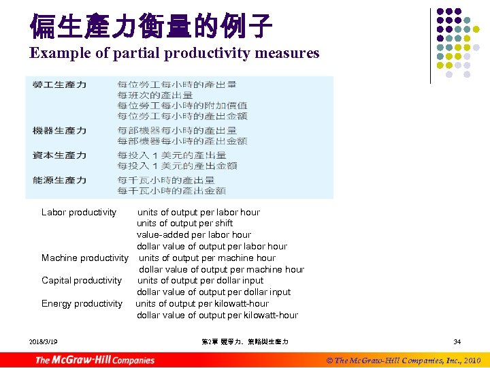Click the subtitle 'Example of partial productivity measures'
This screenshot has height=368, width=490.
click(x=174, y=53)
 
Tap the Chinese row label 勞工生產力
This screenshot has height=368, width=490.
click(x=59, y=85)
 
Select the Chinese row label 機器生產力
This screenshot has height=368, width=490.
click(x=59, y=130)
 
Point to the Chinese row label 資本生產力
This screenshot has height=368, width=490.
click(x=59, y=155)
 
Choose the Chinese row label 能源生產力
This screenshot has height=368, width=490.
click(x=59, y=180)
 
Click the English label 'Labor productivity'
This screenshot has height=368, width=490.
click(x=79, y=212)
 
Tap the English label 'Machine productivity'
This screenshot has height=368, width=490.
click(x=84, y=258)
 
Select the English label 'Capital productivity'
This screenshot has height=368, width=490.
click(x=82, y=280)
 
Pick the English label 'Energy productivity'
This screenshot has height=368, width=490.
click(x=82, y=303)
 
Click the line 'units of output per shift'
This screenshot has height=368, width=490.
click(x=184, y=223)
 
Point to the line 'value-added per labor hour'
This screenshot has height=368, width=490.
click(x=193, y=234)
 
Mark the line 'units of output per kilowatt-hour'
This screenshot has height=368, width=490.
click(x=202, y=303)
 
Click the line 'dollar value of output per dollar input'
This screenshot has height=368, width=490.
click(x=213, y=292)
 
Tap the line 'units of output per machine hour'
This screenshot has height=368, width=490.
click(x=207, y=258)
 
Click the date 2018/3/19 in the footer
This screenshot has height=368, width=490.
click(x=44, y=341)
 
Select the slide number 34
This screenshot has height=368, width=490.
click(x=457, y=341)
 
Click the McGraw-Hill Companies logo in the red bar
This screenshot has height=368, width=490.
click(x=95, y=360)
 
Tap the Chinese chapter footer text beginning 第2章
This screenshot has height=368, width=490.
click(x=244, y=341)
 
